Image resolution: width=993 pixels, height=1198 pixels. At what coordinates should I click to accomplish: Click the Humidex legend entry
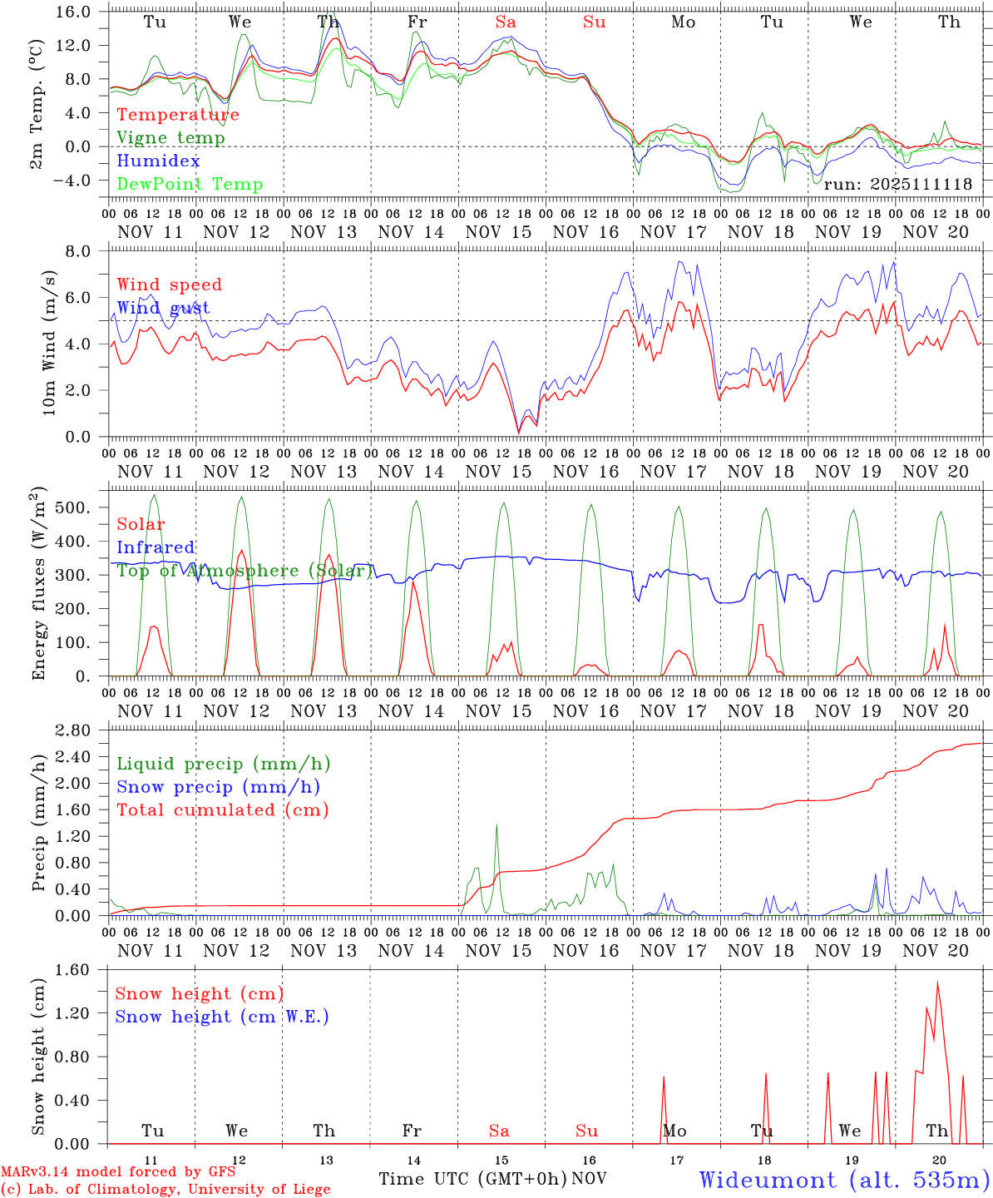pyautogui.click(x=158, y=161)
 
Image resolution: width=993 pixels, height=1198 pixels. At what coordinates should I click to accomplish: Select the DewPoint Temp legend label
pyautogui.click(x=190, y=185)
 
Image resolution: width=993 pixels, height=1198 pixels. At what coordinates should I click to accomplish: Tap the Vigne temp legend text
pyautogui.click(x=170, y=138)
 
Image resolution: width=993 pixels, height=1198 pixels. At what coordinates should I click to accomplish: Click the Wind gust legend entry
pyautogui.click(x=163, y=308)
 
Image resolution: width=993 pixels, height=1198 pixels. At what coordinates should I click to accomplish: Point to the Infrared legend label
pyautogui.click(x=156, y=547)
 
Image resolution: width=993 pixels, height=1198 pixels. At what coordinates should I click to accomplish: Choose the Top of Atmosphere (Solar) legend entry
pyautogui.click(x=245, y=571)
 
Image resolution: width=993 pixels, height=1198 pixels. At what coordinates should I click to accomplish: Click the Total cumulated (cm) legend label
pyautogui.click(x=222, y=809)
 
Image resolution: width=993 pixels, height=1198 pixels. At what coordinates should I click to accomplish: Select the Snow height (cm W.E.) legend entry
pyautogui.click(x=221, y=1017)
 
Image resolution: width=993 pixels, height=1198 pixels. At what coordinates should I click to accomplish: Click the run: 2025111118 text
pyautogui.click(x=897, y=185)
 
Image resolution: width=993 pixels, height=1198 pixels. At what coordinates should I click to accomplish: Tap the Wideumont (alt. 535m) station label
pyautogui.click(x=844, y=1180)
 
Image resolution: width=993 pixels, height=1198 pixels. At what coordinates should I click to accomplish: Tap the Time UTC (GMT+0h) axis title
pyautogui.click(x=472, y=1179)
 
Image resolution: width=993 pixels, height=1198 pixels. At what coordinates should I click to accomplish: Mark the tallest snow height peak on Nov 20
pyautogui.click(x=937, y=983)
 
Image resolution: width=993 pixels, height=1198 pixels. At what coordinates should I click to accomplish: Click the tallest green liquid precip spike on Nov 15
pyautogui.click(x=496, y=825)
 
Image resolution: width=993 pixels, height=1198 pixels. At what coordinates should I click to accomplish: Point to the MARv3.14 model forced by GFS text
pyautogui.click(x=118, y=1172)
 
